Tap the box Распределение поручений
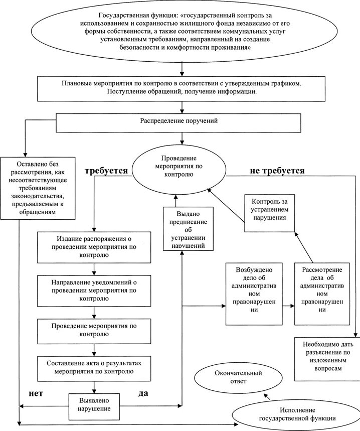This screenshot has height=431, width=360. pos(178,121)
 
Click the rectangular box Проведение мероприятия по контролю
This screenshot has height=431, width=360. pos(94,330)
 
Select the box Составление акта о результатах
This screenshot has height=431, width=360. pos(94,367)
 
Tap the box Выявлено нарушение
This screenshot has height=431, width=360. pos(95,405)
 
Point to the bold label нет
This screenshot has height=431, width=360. pos(35,393)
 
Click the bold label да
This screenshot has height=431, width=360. pos(143,393)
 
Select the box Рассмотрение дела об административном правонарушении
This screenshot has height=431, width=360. pos(322,293)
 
